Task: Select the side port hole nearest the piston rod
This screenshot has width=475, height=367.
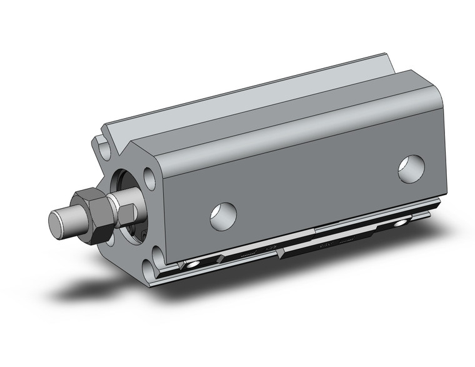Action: (223, 214)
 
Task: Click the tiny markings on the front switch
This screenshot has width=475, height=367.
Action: (250, 253)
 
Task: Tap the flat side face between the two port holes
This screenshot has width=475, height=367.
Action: (312, 188)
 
